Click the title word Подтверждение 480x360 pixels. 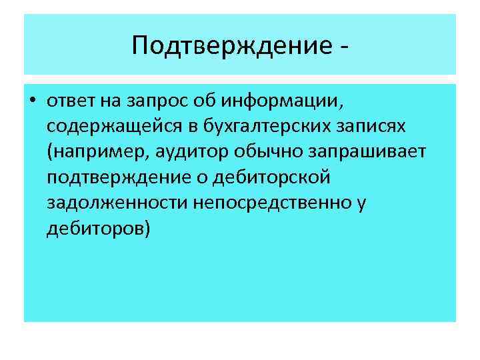click(x=229, y=45)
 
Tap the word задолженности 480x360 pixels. click(x=117, y=203)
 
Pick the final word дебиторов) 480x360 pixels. click(x=99, y=229)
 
